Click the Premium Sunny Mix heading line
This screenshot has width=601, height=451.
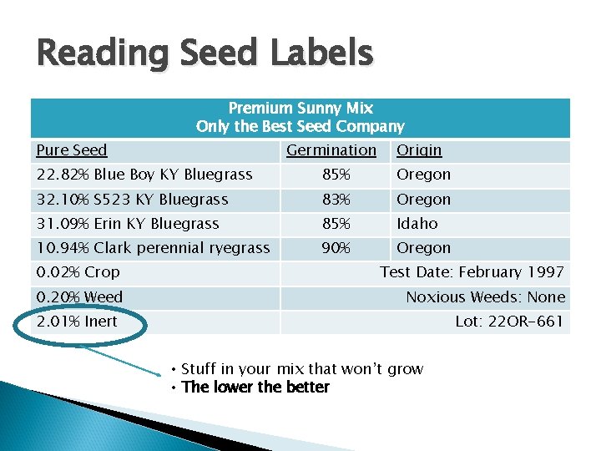(300, 109)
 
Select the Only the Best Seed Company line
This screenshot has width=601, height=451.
(300, 127)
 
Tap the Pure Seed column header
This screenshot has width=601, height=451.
(72, 150)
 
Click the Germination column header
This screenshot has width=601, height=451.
(331, 150)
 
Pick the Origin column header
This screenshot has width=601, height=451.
(419, 150)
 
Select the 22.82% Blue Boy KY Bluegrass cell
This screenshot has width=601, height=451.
(144, 175)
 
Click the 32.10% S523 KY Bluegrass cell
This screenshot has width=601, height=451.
(132, 200)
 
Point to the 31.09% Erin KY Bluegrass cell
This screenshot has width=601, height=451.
(128, 224)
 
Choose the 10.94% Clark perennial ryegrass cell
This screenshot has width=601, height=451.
(153, 248)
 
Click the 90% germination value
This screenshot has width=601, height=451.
(337, 248)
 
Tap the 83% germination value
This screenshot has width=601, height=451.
(337, 200)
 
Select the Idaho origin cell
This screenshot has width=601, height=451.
(417, 224)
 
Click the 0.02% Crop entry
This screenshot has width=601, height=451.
(78, 272)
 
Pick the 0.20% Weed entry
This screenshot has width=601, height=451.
(79, 297)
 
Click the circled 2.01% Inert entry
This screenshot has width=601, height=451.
(77, 322)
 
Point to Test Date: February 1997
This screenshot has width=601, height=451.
(472, 272)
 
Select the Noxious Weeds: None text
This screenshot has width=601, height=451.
(485, 297)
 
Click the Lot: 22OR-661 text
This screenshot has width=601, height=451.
(509, 322)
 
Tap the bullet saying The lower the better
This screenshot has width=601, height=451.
(255, 388)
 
